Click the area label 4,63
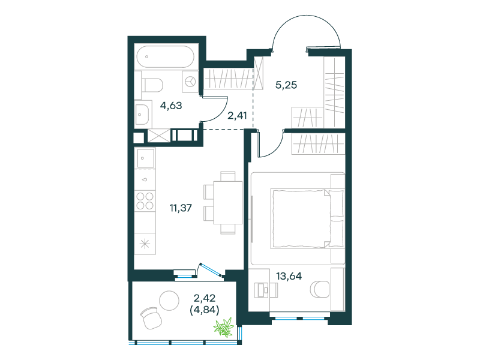[171, 106]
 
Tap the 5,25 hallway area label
[286, 85]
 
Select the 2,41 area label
[237, 115]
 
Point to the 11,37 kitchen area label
[181, 208]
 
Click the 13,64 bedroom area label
[289, 276]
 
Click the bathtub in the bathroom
[166, 56]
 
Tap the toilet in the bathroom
[152, 85]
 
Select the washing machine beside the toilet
[190, 82]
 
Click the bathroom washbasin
[142, 115]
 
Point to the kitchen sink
[146, 158]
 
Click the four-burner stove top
[145, 200]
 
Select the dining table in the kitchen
[228, 203]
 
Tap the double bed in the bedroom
[307, 218]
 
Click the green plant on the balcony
[224, 327]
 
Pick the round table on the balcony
[169, 301]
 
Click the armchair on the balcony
[151, 319]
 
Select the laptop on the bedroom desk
[261, 290]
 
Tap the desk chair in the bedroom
[320, 289]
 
